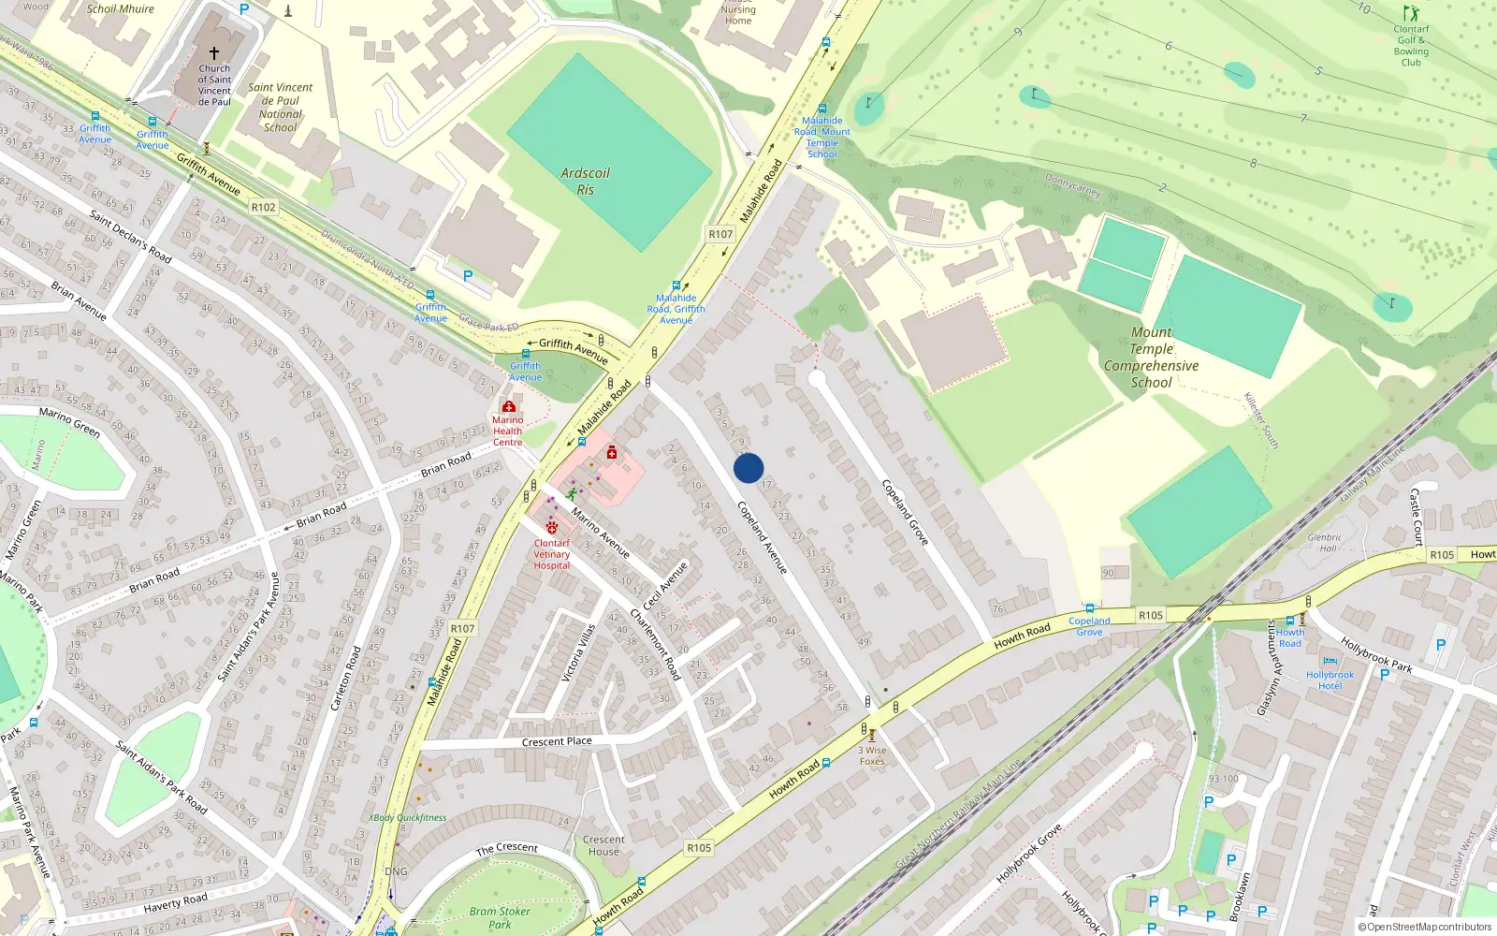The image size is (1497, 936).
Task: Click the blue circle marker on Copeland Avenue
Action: pos(748,468)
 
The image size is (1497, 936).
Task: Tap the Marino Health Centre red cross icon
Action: pos(508,407)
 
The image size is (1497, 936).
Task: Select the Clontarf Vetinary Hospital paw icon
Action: pos(552,527)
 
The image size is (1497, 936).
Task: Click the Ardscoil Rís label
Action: pos(585,182)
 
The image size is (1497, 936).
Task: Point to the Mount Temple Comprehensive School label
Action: pos(1151,358)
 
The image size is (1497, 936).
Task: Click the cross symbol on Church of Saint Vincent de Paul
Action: pos(214,53)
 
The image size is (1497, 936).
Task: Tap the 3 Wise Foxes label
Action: pos(872,755)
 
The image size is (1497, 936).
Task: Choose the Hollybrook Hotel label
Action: pos(1330,680)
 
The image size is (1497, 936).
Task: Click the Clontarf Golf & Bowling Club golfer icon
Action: pos(1411,13)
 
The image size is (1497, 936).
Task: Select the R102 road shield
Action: pos(264,207)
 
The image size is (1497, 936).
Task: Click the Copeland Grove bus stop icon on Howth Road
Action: pos(1089,608)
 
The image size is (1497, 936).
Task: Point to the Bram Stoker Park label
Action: pos(500,917)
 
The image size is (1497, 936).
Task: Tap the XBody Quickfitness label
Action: pos(408,817)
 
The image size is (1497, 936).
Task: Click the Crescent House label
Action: pos(603,845)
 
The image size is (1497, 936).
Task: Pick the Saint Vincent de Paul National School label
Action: pos(281,108)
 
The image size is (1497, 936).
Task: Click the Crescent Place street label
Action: pos(557,741)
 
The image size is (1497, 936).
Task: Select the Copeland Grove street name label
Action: pos(905,512)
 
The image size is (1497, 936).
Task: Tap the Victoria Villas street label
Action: pos(578,652)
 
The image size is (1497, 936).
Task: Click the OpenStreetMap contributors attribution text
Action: pos(1429,927)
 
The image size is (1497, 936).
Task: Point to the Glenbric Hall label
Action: pos(1324,543)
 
